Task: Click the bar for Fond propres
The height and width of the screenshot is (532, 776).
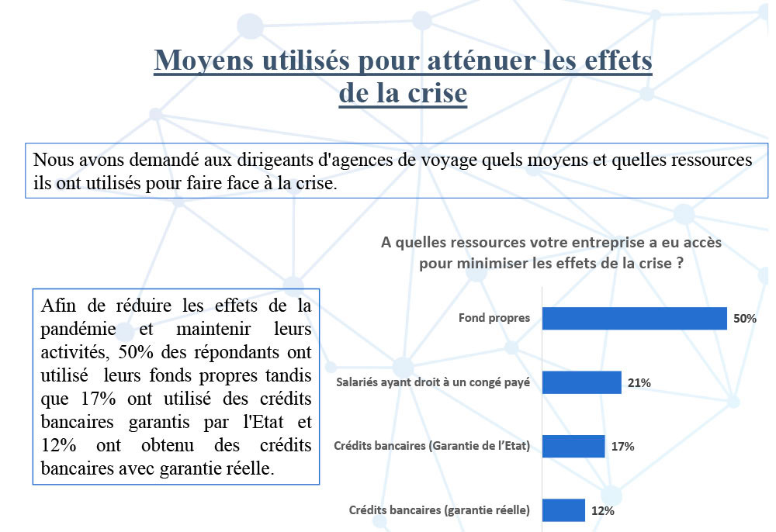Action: click(x=634, y=318)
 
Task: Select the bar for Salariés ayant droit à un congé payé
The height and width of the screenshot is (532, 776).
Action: click(x=581, y=382)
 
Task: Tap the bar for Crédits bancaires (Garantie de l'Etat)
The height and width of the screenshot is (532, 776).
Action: click(x=573, y=446)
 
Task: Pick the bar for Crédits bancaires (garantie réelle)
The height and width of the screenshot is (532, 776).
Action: click(x=563, y=510)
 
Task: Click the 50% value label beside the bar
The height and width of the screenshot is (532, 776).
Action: click(x=745, y=318)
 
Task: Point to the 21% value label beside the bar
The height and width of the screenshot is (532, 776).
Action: click(x=639, y=382)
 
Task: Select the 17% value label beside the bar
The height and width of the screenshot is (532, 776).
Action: click(x=622, y=446)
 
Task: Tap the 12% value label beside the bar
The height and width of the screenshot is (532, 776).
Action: click(x=602, y=510)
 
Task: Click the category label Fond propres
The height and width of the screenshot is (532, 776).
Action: click(x=494, y=318)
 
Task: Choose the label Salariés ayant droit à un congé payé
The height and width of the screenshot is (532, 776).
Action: click(x=433, y=382)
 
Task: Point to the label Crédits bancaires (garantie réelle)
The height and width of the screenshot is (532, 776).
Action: click(x=439, y=510)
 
